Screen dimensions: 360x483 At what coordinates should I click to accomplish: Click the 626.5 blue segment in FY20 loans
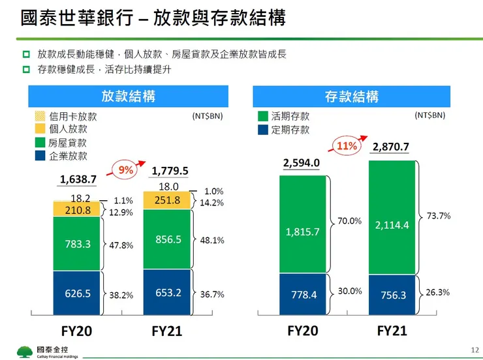[77, 293]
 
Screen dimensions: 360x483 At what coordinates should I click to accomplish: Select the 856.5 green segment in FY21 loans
[167, 239]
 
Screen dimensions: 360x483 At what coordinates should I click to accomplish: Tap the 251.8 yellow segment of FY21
[167, 200]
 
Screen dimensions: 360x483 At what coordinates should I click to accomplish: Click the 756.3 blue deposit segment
[392, 295]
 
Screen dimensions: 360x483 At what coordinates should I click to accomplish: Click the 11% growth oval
[347, 145]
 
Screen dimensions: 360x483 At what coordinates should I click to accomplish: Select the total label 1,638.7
[78, 179]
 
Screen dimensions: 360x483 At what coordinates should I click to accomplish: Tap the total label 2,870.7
[391, 147]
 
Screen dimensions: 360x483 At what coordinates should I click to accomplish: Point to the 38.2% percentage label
[121, 295]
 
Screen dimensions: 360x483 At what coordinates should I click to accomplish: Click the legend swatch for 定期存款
[263, 130]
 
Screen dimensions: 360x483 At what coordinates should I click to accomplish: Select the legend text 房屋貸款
[68, 143]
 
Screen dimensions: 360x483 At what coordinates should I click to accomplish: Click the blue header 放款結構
[128, 97]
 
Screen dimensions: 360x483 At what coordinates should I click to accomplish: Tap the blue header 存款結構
[351, 97]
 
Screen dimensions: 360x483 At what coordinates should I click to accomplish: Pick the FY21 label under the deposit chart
[392, 331]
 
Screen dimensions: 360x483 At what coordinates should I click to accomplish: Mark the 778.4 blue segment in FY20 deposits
[302, 295]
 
